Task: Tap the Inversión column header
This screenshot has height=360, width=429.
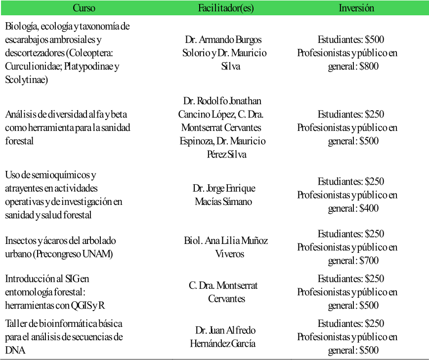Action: (356, 8)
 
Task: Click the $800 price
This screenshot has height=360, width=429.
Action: (369, 66)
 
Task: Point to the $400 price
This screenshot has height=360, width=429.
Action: (369, 208)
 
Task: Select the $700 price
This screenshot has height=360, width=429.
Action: (369, 260)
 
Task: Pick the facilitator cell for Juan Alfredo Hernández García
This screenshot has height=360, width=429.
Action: (223, 337)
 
